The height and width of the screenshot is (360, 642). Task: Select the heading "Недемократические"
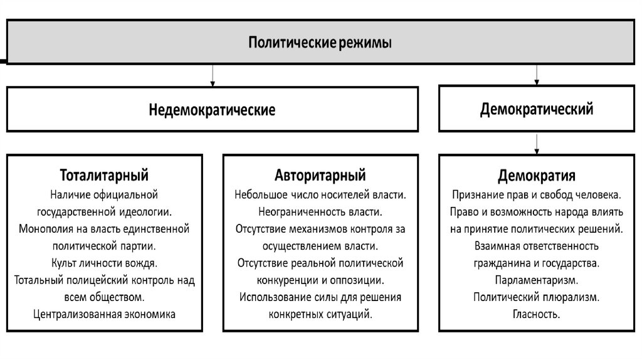[x=212, y=110]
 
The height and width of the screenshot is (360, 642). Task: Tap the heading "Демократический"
[x=537, y=109]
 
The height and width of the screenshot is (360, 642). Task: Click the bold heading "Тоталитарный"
[x=104, y=173]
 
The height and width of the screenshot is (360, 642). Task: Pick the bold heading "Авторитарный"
[x=320, y=173]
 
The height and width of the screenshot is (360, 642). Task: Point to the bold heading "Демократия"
[x=537, y=173]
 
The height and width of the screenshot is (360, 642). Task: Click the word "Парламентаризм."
[x=537, y=278]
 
